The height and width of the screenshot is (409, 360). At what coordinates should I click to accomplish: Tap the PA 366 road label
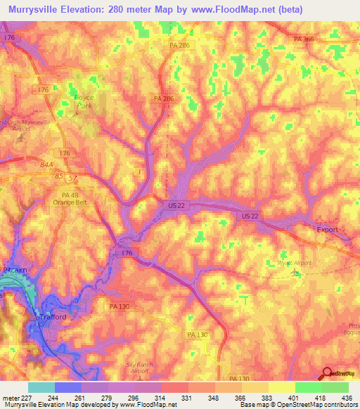[x=304, y=40]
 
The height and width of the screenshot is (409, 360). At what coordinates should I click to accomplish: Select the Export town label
[x=326, y=230]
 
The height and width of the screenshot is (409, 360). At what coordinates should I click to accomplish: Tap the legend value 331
[x=187, y=397]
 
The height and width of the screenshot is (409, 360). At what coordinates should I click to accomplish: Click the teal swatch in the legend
[x=41, y=387]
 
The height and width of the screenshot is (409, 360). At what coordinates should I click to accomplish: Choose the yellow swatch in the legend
[x=281, y=387]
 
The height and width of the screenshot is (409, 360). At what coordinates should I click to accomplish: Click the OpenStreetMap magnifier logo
[x=328, y=375]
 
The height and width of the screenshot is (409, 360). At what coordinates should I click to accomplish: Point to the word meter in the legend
[x=11, y=397]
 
